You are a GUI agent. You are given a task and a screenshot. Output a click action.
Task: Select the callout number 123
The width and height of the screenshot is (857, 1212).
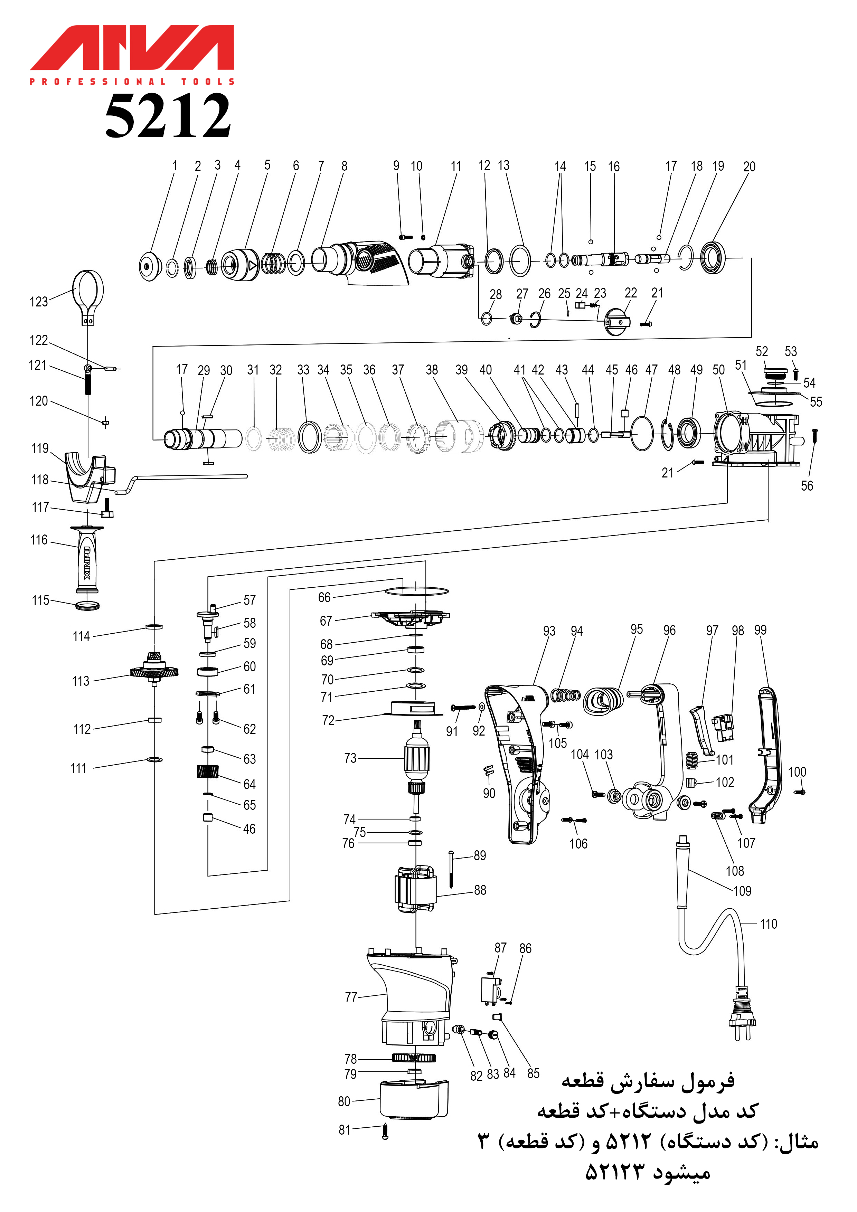tap(39, 302)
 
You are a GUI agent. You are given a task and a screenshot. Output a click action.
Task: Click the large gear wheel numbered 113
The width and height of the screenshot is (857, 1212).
tap(154, 671)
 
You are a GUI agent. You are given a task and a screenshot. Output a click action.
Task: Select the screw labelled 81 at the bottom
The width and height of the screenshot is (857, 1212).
tap(385, 1133)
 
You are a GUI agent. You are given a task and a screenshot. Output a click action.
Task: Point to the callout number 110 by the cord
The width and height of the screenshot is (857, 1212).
tap(769, 924)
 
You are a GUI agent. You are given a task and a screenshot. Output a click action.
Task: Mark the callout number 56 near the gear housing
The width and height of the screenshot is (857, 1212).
tap(807, 486)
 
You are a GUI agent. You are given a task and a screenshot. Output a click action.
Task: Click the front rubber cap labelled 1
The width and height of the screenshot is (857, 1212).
tap(150, 266)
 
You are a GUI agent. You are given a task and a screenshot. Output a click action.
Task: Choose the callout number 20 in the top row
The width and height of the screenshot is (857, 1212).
tap(749, 167)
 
